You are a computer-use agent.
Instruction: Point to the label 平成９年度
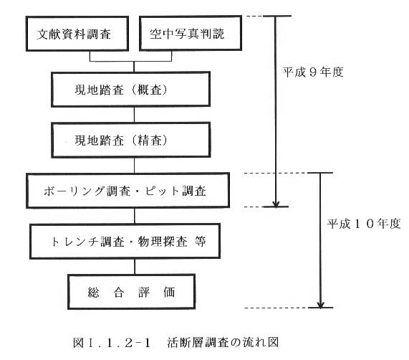click(x=313, y=72)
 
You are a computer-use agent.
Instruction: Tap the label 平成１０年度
click(x=364, y=224)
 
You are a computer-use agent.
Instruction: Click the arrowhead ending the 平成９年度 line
click(x=276, y=204)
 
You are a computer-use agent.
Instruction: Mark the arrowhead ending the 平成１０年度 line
click(x=321, y=305)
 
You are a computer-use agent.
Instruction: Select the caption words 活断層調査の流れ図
click(x=223, y=343)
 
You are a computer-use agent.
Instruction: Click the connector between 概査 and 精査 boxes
click(x=135, y=115)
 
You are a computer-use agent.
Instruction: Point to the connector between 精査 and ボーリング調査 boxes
click(x=135, y=166)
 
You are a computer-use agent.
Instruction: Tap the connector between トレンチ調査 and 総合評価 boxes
click(x=135, y=267)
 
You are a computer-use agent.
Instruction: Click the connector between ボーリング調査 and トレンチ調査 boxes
click(x=135, y=216)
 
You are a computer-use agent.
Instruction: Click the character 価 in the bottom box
click(x=169, y=292)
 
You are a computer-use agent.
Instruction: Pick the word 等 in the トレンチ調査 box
click(x=201, y=241)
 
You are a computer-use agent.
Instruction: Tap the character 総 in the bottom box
click(x=93, y=292)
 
